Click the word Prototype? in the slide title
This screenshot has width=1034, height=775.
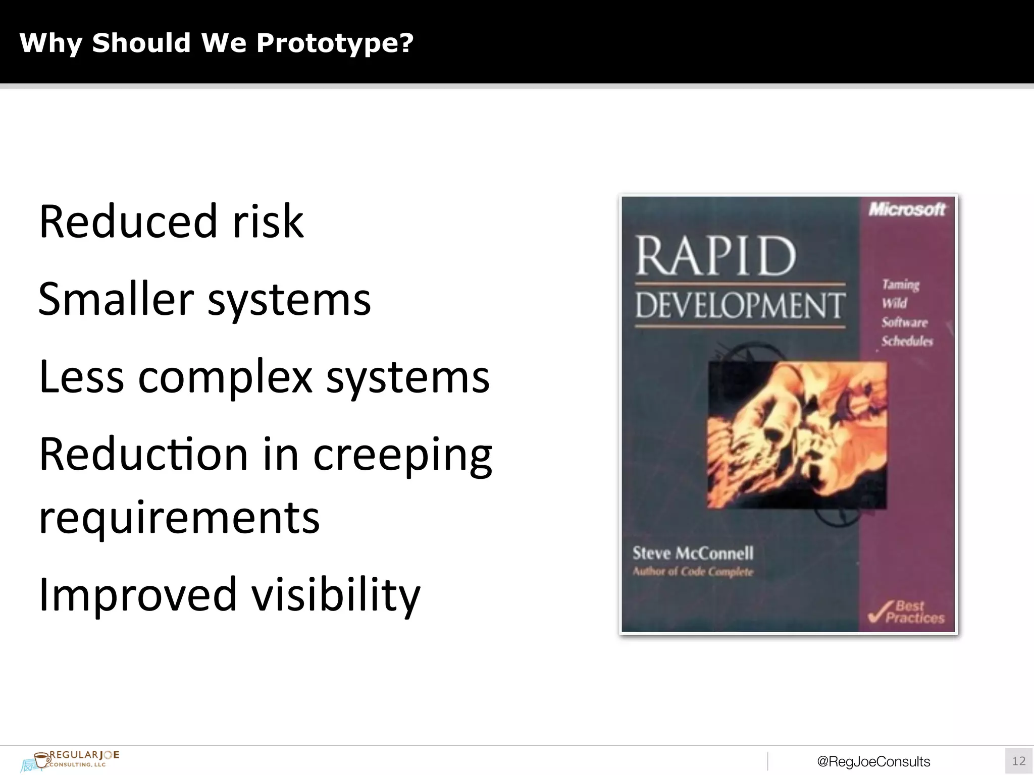click(335, 43)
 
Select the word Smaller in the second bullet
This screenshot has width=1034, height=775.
click(116, 299)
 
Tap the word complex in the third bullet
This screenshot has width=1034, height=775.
click(225, 377)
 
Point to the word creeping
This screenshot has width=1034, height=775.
click(402, 455)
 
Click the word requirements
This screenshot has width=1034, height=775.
click(179, 518)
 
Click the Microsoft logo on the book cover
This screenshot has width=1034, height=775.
click(907, 209)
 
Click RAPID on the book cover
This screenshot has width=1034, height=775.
click(715, 256)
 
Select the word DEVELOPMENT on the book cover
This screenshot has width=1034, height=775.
click(740, 306)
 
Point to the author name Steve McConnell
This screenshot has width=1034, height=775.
click(693, 553)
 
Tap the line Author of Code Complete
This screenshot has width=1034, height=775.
click(693, 572)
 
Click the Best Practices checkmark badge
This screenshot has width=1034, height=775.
click(907, 613)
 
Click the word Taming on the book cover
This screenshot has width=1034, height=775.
click(901, 285)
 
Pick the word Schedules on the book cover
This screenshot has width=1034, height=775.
click(907, 342)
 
